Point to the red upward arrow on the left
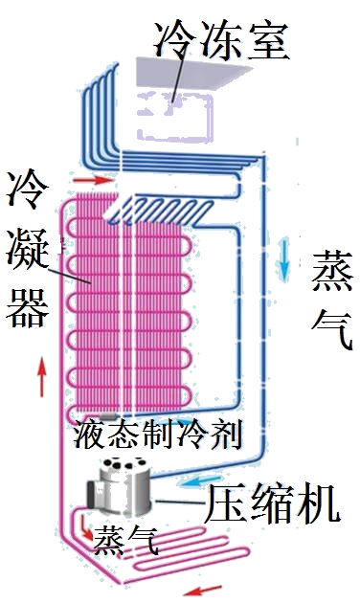click(x=40, y=376)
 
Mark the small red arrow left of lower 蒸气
click(x=84, y=527)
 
